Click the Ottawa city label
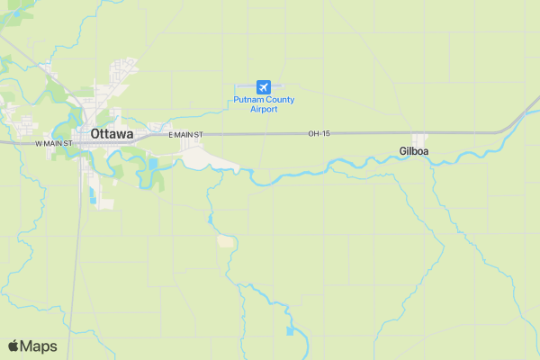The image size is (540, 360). pyautogui.click(x=112, y=134)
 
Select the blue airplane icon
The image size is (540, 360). pyautogui.click(x=264, y=86)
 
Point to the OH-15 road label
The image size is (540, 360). pyautogui.click(x=319, y=134)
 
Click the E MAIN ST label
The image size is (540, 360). pyautogui.click(x=186, y=134)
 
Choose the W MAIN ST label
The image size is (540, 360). pyautogui.click(x=53, y=143)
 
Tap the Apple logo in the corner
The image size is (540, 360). pyautogui.click(x=13, y=346)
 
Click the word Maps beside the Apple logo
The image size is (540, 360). pyautogui.click(x=39, y=346)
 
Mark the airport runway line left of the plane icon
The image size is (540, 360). pyautogui.click(x=245, y=86)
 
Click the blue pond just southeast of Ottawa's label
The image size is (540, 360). pyautogui.click(x=152, y=165)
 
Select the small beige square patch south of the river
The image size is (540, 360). pyautogui.click(x=225, y=241)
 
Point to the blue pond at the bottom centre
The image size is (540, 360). pyautogui.click(x=290, y=331)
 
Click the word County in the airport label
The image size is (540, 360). pyautogui.click(x=276, y=99)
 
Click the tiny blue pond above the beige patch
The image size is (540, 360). pyautogui.click(x=210, y=219)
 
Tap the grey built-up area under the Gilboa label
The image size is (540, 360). pyautogui.click(x=420, y=163)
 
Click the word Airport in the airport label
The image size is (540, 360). pyautogui.click(x=264, y=110)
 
